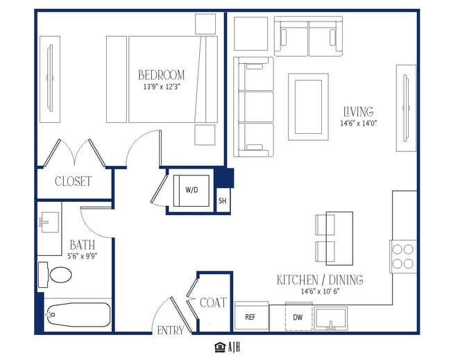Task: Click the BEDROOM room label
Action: [x=162, y=75]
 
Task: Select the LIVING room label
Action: [x=359, y=111]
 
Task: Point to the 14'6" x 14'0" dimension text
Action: [x=359, y=123]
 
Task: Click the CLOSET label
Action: [x=74, y=181]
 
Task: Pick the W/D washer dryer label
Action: [x=192, y=190]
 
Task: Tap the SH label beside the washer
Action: [x=223, y=200]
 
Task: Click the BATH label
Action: [x=83, y=245]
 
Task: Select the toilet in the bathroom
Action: [x=55, y=274]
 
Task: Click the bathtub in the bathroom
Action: [x=78, y=315]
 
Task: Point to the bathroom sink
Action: [x=49, y=222]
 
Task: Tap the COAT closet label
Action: [x=213, y=302]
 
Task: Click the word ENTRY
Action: [x=171, y=330]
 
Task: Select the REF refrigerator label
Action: [x=250, y=317]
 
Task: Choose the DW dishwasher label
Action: [x=298, y=317]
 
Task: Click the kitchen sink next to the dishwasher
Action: [x=331, y=319]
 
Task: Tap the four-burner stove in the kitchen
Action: [x=403, y=257]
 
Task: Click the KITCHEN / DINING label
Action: [x=320, y=280]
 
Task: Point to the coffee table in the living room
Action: [x=308, y=107]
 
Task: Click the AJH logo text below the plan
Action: [x=234, y=347]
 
